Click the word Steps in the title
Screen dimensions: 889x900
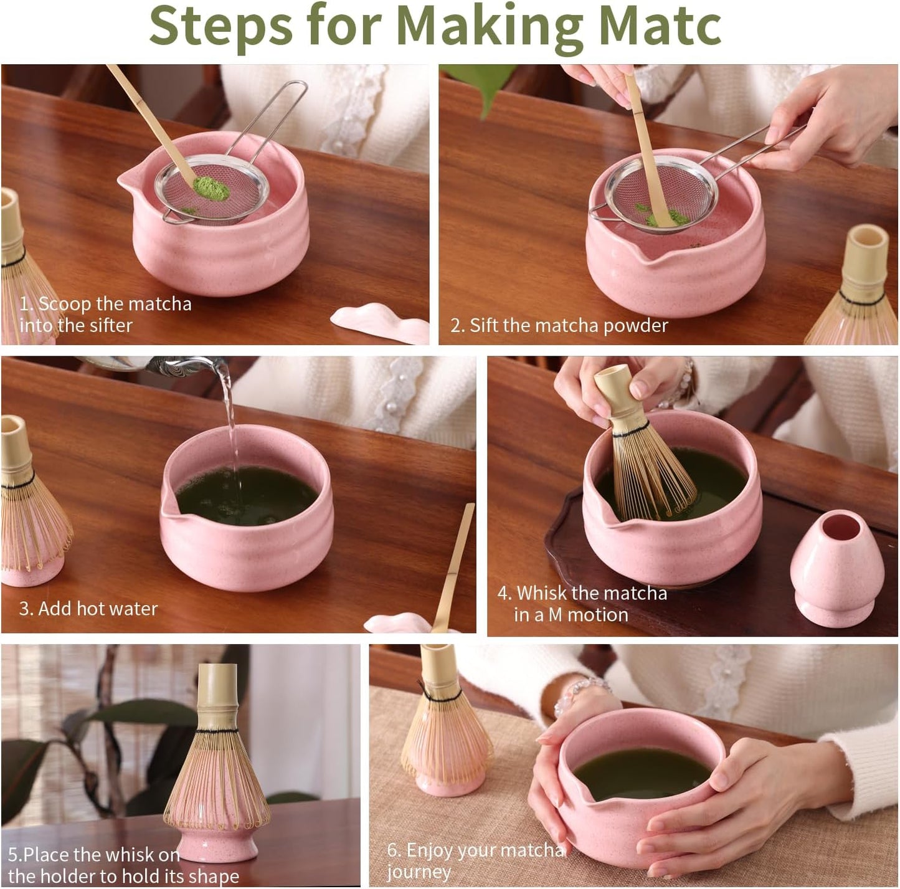(221, 26)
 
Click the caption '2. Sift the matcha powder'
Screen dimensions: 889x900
(559, 325)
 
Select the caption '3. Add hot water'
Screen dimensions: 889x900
(88, 608)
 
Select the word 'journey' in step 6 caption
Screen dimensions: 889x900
(419, 872)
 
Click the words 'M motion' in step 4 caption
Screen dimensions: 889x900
(588, 615)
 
